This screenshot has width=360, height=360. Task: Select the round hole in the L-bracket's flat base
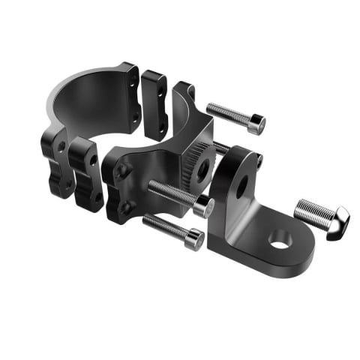[278, 241]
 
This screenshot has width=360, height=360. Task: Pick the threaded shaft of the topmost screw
[229, 113]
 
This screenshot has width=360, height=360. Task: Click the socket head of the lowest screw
[194, 239]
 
